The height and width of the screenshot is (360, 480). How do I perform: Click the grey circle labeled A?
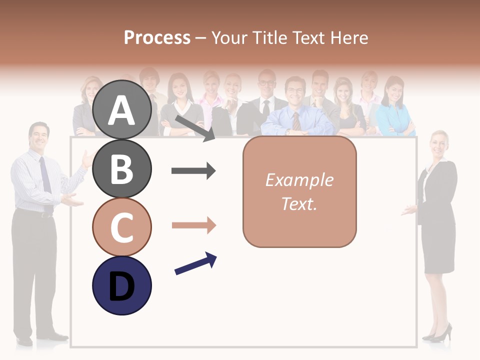click(x=122, y=110)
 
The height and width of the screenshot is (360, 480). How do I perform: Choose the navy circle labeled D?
click(x=122, y=285)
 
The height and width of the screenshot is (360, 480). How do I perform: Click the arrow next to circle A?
click(x=194, y=127)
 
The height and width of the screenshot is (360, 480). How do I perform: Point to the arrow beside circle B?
click(x=193, y=171)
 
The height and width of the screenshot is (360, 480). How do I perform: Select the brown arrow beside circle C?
click(x=193, y=225)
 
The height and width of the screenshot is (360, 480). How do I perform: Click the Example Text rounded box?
click(x=299, y=191)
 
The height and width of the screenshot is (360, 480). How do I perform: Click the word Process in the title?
click(x=157, y=37)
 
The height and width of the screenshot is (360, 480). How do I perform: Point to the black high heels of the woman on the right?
click(x=438, y=334)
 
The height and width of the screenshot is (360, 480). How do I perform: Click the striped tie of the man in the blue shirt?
click(x=296, y=120)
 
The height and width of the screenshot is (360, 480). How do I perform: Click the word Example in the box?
click(x=299, y=180)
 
